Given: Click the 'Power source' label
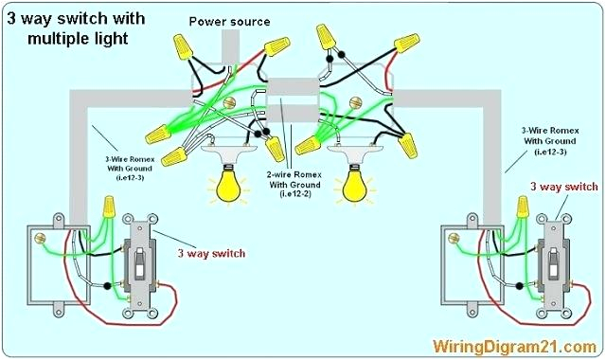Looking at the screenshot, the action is [x=229, y=21].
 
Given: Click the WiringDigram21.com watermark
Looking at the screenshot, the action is [x=514, y=347].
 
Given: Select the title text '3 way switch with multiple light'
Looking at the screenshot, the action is [x=76, y=28].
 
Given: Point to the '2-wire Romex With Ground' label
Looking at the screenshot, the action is [x=295, y=185].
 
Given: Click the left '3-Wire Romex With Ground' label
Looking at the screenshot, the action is [x=130, y=169].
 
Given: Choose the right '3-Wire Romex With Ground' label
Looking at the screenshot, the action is [x=550, y=141].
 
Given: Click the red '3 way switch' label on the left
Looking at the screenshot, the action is [x=211, y=253].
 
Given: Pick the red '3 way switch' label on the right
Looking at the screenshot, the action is [x=564, y=187].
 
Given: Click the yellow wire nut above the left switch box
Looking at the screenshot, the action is [x=109, y=207].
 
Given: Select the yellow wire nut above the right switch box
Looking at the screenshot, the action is [x=523, y=207].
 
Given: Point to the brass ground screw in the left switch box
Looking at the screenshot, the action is [x=39, y=238].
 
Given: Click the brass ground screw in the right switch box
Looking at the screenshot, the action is [x=453, y=238].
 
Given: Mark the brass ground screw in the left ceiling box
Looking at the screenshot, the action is [x=229, y=103].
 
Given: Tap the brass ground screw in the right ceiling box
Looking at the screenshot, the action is [x=355, y=103].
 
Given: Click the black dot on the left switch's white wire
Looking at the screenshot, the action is [x=107, y=286].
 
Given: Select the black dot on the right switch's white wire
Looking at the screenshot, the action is [x=520, y=286].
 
